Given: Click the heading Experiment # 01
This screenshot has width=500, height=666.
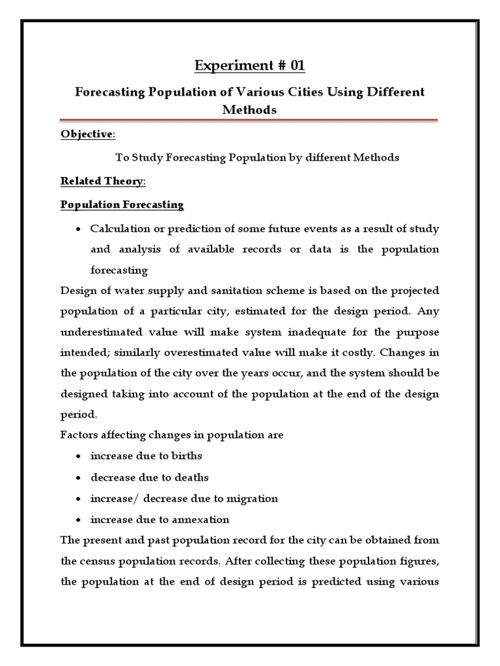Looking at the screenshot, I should pos(251,66).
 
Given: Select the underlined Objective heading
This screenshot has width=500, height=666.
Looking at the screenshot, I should pos(87,134).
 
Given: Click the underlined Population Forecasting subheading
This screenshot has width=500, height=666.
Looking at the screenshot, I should pos(122,205).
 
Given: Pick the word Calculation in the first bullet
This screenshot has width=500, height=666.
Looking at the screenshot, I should pos(118,229).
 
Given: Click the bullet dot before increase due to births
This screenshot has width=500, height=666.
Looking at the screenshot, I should pos(77,457).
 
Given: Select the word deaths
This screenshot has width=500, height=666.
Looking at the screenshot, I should pos(189,477).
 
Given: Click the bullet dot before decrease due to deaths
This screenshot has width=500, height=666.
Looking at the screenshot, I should pos(77,478).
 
